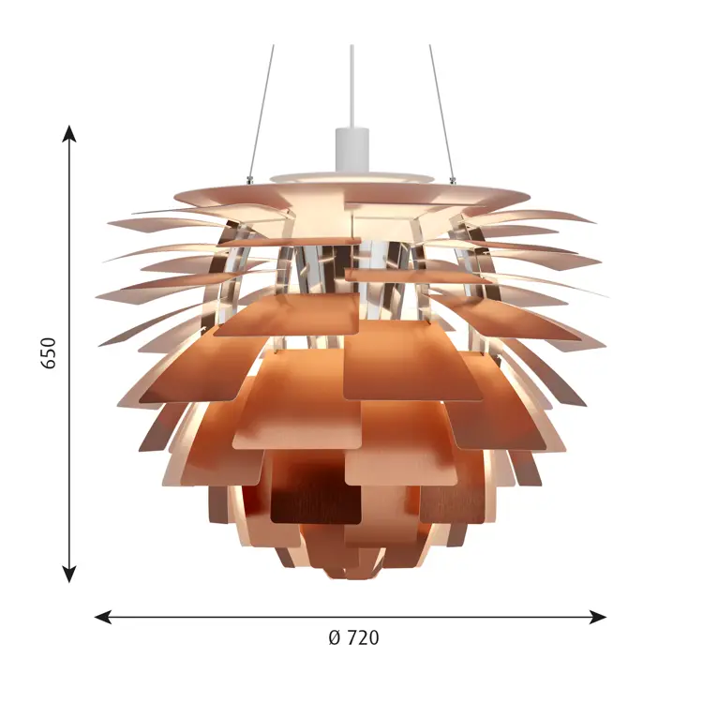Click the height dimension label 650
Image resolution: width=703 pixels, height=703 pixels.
coord(49,353)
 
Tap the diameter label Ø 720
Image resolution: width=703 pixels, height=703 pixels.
coord(353,637)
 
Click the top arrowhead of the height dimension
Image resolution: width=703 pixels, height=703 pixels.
coord(68,133)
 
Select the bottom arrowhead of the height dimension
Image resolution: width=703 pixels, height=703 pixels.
coord(68,575)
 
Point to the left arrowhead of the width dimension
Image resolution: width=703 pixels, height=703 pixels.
coord(103,617)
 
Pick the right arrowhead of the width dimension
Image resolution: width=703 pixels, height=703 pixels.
coord(598,617)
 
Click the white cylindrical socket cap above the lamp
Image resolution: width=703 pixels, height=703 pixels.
coord(351,150)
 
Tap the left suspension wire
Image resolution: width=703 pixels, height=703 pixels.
coord(261,112)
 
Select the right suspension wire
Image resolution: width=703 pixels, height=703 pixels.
coord(441,112)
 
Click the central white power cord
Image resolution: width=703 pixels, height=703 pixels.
coord(351,86)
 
